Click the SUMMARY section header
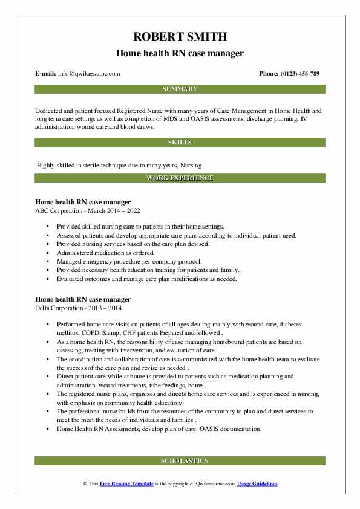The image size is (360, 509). pyautogui.click(x=180, y=89)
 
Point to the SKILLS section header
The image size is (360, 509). pyautogui.click(x=180, y=142)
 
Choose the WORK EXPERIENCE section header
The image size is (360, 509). pyautogui.click(x=180, y=178)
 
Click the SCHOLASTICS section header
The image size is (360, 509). pyautogui.click(x=180, y=461)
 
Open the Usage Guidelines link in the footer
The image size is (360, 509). pyautogui.click(x=257, y=484)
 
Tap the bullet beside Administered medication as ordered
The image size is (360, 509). pyautogui.click(x=47, y=253)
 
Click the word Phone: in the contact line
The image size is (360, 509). pyautogui.click(x=269, y=73)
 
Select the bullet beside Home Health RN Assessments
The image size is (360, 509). pyautogui.click(x=47, y=429)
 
